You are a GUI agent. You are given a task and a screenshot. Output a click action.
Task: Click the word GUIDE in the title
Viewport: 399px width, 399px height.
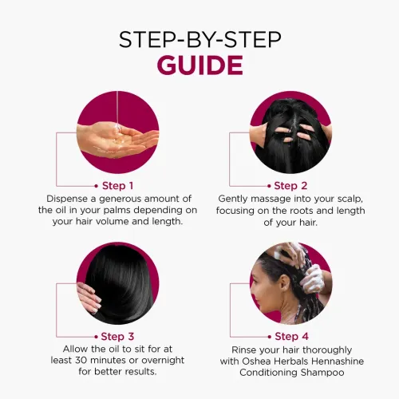(x=199, y=65)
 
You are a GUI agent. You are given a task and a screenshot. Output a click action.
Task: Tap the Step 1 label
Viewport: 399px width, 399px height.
(x=117, y=186)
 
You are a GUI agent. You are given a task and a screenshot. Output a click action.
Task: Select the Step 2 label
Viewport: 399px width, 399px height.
(x=290, y=186)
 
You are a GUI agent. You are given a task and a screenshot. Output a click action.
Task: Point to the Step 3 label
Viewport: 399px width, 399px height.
(x=117, y=337)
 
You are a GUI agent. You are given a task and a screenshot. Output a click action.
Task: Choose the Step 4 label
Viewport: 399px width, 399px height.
(x=291, y=337)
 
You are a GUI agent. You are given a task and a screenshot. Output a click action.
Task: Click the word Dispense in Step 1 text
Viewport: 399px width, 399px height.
(x=67, y=199)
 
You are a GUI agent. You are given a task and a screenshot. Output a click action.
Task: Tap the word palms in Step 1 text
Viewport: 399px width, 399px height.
(x=117, y=211)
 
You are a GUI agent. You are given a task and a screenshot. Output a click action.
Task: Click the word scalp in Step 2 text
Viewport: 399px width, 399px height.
(x=350, y=199)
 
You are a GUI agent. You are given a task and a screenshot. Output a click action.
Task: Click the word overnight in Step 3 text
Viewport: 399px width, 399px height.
(x=163, y=361)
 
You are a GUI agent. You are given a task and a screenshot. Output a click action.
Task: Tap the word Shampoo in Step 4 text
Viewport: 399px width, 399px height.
(x=322, y=373)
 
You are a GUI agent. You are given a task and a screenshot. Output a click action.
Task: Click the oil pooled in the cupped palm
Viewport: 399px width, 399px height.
(x=119, y=138)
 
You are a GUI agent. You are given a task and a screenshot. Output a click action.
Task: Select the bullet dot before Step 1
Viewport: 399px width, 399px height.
(x=97, y=186)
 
